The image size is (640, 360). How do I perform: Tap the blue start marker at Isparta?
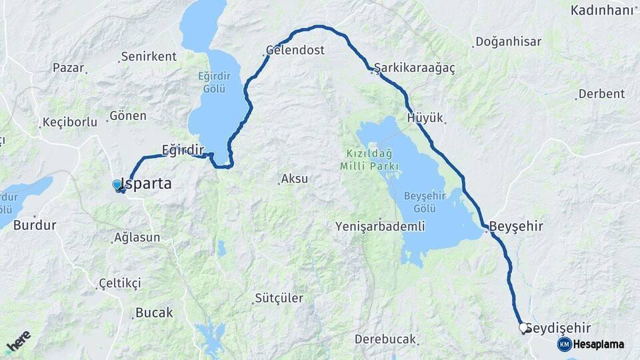click(x=117, y=185)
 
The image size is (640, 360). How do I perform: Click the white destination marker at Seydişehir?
click(x=523, y=327)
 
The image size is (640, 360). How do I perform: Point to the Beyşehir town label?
click(x=517, y=227)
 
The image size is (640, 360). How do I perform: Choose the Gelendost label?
click(x=295, y=50)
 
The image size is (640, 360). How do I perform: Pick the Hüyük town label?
click(x=425, y=118)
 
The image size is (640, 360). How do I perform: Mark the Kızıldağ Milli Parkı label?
click(x=369, y=159)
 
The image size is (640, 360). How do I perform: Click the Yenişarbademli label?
click(x=381, y=226)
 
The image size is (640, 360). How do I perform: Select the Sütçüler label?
click(x=279, y=298)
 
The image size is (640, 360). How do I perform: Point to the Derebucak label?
click(x=385, y=339)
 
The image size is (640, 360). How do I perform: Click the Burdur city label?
click(x=35, y=225)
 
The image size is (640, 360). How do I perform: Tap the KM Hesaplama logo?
click(x=591, y=344)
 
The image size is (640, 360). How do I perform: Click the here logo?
click(x=19, y=341)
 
